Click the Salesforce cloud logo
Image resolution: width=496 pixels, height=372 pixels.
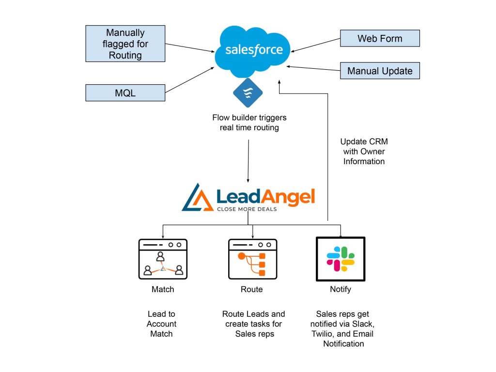[x=253, y=50]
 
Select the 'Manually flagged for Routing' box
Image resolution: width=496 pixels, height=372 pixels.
[x=125, y=44]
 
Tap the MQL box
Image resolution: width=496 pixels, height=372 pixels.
[x=125, y=93]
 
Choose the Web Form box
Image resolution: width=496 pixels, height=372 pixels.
[x=380, y=38]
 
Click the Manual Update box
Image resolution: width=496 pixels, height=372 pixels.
[x=380, y=71]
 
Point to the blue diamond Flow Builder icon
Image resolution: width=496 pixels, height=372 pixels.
[x=248, y=92]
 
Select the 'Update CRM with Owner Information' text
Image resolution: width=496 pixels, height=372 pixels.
[x=364, y=152]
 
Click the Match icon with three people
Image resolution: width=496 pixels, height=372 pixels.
[x=163, y=259]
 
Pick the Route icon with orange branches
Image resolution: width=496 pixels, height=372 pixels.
[x=252, y=259]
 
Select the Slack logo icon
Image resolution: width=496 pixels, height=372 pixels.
[x=340, y=259]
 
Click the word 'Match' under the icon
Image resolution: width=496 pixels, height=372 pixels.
[x=162, y=289]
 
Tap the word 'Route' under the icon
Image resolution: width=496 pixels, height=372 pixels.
[x=251, y=289]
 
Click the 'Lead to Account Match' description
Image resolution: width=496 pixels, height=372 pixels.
[x=162, y=324]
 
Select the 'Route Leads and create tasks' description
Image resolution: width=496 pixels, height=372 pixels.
[x=253, y=324]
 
